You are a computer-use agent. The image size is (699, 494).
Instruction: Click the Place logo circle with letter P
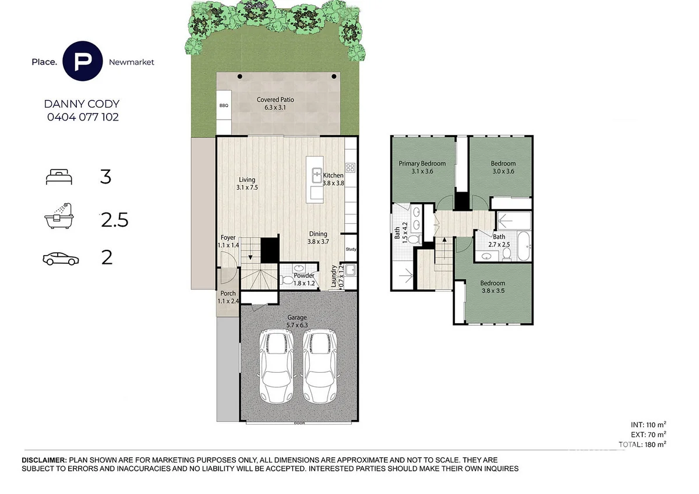click(x=82, y=61)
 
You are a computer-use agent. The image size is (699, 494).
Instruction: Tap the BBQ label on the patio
click(x=224, y=105)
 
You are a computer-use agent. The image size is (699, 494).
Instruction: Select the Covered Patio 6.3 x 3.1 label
click(x=275, y=103)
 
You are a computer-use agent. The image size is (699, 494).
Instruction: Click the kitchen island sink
click(x=317, y=175)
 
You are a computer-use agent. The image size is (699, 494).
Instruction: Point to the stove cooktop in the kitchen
click(x=350, y=168)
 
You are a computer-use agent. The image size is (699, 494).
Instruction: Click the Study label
click(x=351, y=249)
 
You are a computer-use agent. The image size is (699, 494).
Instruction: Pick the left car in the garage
click(x=276, y=366)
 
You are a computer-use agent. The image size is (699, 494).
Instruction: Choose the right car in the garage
click(x=320, y=366)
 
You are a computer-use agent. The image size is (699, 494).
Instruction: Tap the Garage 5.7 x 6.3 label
click(x=297, y=321)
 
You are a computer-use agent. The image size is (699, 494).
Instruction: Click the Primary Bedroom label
click(x=422, y=164)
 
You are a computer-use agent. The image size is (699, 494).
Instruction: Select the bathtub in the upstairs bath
click(x=524, y=246)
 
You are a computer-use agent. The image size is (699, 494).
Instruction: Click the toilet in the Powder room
click(x=286, y=280)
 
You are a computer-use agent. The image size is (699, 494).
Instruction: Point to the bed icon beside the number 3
click(x=59, y=177)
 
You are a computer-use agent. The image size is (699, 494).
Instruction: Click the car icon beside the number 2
click(x=61, y=259)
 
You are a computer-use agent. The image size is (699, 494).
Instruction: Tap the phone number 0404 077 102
click(x=83, y=117)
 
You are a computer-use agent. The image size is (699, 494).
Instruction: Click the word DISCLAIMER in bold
click(x=44, y=460)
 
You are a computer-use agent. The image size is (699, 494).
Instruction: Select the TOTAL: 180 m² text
click(x=642, y=444)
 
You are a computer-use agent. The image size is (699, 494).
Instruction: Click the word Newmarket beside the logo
click(x=132, y=62)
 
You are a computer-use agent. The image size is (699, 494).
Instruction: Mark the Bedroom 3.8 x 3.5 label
click(x=493, y=287)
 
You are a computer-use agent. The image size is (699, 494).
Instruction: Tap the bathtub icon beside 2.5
click(x=59, y=216)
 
